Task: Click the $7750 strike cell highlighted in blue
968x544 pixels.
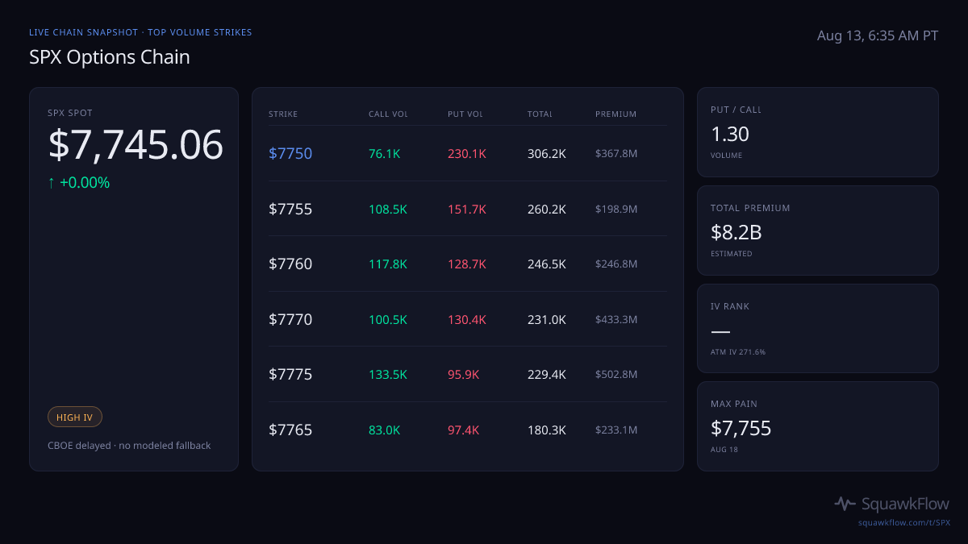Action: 290,154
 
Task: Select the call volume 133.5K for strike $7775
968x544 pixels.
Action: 388,374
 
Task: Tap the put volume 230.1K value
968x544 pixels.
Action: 467,154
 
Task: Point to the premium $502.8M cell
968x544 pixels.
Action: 615,374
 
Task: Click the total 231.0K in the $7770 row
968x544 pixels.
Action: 546,319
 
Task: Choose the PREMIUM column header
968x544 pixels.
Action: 615,114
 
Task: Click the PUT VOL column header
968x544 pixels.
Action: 465,114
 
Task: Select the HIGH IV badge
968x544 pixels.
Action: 75,417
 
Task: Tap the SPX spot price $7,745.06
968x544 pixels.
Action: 136,144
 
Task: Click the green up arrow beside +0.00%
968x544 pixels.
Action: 52,183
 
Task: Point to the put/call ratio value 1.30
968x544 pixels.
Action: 729,135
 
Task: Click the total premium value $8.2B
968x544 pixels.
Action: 736,233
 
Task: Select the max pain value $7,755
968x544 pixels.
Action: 741,428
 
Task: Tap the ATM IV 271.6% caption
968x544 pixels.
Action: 737,352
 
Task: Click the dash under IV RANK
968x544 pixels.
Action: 720,331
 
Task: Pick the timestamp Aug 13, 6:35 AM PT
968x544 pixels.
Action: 878,35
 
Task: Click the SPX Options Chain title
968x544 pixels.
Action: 110,57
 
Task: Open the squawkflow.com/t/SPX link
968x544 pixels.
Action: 904,522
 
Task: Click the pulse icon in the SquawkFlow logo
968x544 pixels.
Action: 845,504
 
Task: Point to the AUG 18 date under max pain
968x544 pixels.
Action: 724,450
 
